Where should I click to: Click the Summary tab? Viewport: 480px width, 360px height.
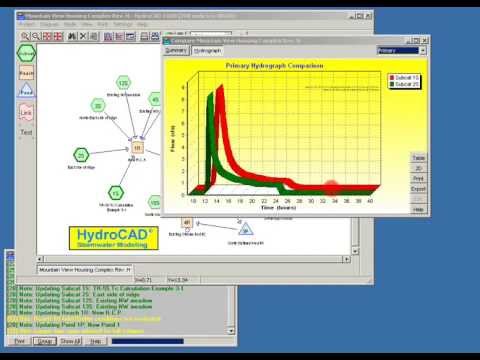pos(176,49)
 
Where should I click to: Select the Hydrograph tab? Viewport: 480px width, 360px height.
pos(207,49)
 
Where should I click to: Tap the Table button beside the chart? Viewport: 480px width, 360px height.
pos(418,159)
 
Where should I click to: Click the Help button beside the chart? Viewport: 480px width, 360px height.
pos(418,209)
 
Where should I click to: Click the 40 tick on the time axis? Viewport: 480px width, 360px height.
pos(371,201)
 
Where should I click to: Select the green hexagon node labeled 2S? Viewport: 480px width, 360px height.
pos(80,155)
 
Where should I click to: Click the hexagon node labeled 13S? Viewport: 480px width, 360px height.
pos(123,83)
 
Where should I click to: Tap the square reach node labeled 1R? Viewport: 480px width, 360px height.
pos(138,148)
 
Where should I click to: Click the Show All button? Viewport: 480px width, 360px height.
pos(68,341)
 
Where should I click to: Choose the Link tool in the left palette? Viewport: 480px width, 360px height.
pos(26,115)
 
